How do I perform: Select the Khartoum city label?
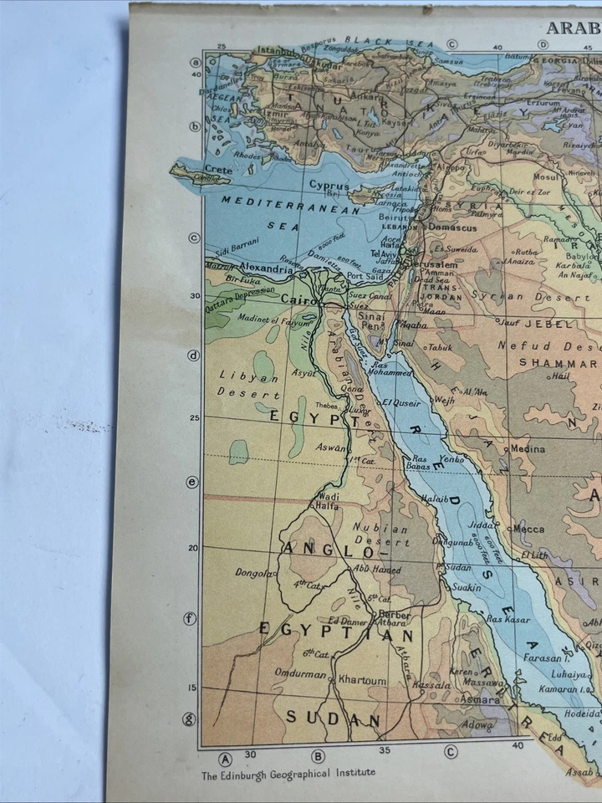362,681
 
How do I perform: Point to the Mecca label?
528,529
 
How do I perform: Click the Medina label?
527,448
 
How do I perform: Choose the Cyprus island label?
329,185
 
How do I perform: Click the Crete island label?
217,169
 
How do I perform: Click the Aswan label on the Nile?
329,448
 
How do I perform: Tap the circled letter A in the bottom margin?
225,759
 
